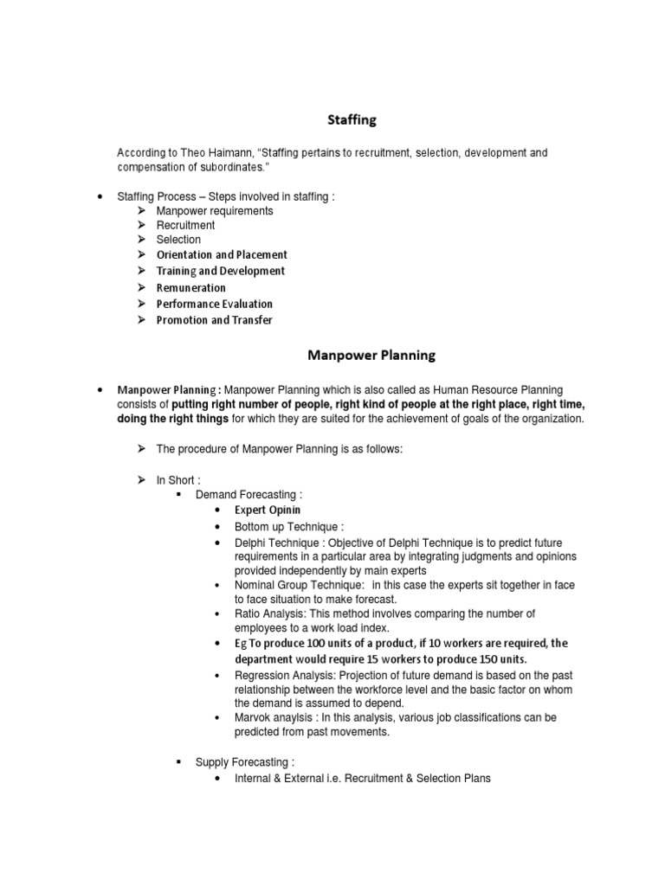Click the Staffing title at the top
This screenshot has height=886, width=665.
click(350, 120)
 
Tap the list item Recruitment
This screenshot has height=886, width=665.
click(185, 225)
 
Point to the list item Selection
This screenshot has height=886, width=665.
click(178, 240)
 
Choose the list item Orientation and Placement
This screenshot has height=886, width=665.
click(222, 255)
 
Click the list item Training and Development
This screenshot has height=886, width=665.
click(220, 271)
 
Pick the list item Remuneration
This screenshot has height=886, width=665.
click(190, 288)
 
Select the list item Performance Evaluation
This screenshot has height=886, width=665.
click(214, 304)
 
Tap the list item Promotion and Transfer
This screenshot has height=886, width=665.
click(214, 320)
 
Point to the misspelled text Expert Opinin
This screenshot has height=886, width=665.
click(268, 510)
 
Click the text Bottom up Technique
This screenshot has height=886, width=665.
click(288, 526)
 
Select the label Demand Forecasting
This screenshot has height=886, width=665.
click(249, 495)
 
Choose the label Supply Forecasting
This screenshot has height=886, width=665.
click(244, 762)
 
